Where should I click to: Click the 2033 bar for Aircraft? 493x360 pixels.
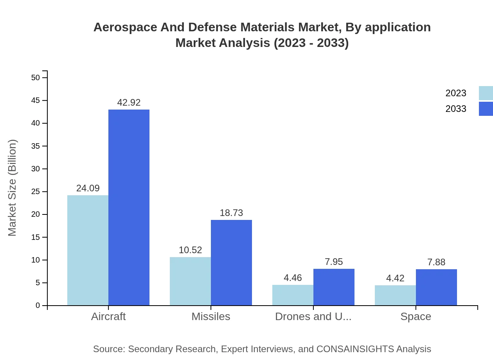(x=129, y=207)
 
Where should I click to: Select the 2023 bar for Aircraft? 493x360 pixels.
(x=88, y=250)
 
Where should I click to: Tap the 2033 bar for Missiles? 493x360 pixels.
(x=231, y=263)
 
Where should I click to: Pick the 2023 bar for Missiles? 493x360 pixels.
(x=190, y=281)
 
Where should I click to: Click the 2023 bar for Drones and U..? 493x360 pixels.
(x=293, y=295)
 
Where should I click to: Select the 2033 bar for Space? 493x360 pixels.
(x=436, y=287)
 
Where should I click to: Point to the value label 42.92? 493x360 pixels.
(x=129, y=103)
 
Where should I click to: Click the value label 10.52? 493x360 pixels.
(x=190, y=250)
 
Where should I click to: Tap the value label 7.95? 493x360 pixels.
(x=334, y=262)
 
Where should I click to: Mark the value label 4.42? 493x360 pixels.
(x=395, y=278)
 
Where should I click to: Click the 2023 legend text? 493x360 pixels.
(x=456, y=93)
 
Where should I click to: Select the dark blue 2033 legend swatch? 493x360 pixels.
(x=486, y=109)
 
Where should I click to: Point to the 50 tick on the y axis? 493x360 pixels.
(x=36, y=77)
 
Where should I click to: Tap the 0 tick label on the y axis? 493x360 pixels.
(x=38, y=305)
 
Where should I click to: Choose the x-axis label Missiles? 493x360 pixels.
(x=211, y=317)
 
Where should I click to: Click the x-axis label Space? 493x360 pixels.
(x=416, y=317)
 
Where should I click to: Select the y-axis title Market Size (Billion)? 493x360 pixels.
(x=12, y=188)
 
